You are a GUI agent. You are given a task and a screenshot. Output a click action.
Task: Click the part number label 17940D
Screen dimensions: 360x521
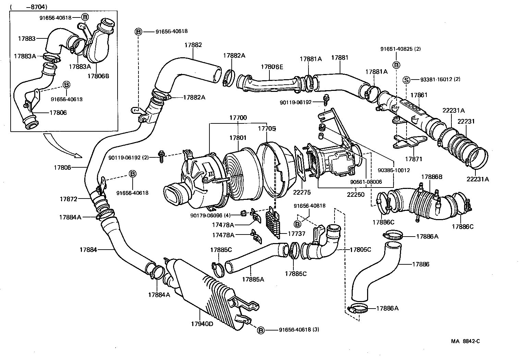[201, 323]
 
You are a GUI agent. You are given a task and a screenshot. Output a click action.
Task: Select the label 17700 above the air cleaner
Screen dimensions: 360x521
[238, 118]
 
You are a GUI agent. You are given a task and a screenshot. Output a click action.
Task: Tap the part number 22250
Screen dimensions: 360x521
[355, 194]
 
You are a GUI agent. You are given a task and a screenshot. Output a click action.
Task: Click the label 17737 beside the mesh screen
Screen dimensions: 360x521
[296, 233]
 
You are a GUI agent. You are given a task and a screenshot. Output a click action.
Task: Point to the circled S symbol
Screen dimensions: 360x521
[406, 80]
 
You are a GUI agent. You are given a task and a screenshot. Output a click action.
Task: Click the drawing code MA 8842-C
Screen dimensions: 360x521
[465, 341]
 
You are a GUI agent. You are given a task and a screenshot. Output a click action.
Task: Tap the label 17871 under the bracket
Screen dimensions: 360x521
[413, 159]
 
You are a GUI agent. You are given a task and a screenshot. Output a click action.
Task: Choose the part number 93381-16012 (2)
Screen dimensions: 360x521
[440, 80]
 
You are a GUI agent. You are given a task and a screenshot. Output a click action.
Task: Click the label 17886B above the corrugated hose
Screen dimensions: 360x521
[432, 177]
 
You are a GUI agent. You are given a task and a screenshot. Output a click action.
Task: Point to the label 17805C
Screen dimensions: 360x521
[360, 250]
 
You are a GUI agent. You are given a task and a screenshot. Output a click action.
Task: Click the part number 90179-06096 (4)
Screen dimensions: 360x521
[210, 215]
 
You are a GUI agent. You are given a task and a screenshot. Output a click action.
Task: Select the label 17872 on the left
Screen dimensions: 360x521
[68, 199]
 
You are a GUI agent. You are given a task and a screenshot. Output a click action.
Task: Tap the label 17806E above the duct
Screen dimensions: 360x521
[272, 67]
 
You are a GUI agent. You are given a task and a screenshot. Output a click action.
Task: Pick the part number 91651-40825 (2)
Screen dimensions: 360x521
[400, 49]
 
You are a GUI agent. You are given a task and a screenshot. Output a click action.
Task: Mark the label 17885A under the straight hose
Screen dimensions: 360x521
[253, 279]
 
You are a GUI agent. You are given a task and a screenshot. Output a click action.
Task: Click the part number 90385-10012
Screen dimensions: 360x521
[394, 170]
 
